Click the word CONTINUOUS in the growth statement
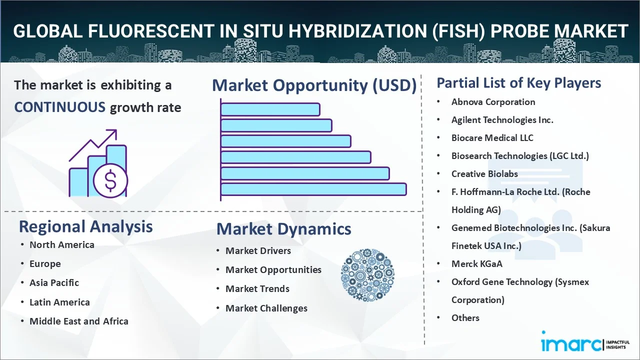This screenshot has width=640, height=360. click(59, 107)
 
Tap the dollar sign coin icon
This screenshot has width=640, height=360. click(110, 180)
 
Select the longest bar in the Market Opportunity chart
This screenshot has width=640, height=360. click(313, 189)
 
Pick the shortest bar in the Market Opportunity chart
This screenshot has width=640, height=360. click(270, 109)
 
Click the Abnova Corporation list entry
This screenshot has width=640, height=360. click(493, 102)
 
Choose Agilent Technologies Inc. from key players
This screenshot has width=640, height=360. click(502, 120)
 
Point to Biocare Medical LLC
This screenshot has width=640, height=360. click(492, 138)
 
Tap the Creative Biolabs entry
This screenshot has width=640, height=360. click(484, 174)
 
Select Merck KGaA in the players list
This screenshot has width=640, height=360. click(477, 263)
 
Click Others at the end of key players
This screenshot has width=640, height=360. click(465, 317)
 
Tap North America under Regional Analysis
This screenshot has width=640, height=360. click(62, 245)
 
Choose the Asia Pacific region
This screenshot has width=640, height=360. click(54, 283)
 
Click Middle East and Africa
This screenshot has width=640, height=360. click(79, 321)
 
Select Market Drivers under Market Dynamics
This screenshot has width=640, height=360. click(258, 251)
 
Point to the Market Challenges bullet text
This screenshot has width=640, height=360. click(266, 308)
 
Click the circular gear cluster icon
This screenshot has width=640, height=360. click(367, 275)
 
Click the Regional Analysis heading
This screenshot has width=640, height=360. click(85, 227)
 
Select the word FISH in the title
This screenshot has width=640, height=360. click(458, 31)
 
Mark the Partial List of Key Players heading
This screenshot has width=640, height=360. click(519, 83)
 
